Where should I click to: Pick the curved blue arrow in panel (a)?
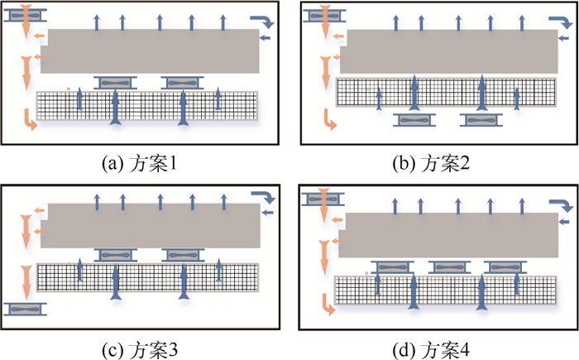(x=261, y=21)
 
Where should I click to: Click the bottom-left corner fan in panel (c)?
(x=24, y=309)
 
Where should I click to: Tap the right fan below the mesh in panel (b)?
(x=481, y=120)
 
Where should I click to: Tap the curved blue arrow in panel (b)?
(x=557, y=21)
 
